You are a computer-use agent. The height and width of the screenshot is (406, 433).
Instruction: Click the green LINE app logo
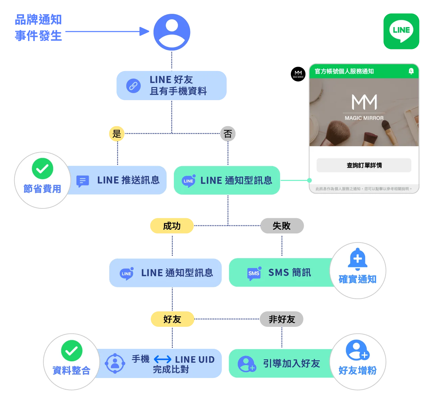[x=401, y=31]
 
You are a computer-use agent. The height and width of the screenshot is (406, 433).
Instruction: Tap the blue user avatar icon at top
[x=172, y=32]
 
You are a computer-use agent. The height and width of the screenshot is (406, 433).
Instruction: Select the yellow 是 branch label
[x=117, y=134]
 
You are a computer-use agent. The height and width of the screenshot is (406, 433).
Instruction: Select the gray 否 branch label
[x=228, y=134]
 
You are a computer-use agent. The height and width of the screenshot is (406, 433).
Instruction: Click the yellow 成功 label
[x=172, y=226]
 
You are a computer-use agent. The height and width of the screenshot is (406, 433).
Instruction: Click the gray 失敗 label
[x=282, y=226]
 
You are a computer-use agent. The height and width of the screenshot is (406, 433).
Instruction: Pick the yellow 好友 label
[x=172, y=319]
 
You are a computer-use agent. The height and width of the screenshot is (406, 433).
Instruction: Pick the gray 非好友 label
[x=281, y=319]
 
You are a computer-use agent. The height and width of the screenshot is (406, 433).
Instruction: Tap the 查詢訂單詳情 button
[x=364, y=165]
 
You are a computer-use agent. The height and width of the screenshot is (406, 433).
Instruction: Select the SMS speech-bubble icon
[x=254, y=273]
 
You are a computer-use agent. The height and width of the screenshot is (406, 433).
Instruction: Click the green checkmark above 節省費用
[x=43, y=168]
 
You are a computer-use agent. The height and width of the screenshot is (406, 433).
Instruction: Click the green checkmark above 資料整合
[x=72, y=351]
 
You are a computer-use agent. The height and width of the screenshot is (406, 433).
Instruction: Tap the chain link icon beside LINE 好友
[x=133, y=86]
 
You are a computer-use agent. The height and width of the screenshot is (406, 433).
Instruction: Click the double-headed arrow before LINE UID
[x=162, y=359]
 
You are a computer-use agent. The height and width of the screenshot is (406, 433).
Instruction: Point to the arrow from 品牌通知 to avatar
[x=107, y=31]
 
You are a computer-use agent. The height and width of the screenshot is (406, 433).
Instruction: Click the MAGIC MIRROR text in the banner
[x=364, y=118]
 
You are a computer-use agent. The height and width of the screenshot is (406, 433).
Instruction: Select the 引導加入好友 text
[x=291, y=364]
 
